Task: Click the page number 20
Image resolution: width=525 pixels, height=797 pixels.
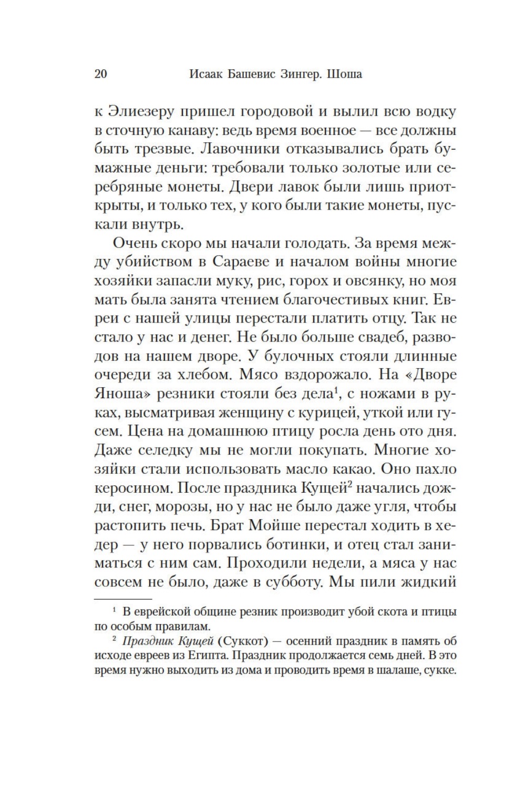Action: pos(100,74)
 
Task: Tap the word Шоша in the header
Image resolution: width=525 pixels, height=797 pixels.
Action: pos(344,74)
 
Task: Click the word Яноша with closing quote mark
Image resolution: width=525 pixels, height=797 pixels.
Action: pos(123,394)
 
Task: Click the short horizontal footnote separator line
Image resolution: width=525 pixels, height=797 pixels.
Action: pos(123,598)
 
